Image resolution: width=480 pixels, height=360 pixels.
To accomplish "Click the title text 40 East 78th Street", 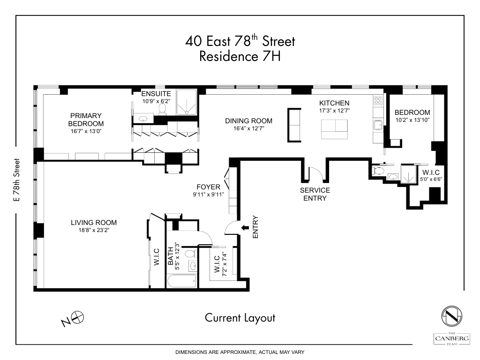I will tap(240, 41).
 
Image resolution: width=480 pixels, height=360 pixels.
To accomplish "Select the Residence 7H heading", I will tap(240, 56).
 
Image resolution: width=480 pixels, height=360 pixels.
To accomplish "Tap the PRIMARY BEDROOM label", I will tap(86, 120).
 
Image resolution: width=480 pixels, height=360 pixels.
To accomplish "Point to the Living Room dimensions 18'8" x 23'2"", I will tap(94, 230).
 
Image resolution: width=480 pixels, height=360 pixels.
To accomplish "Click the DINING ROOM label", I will tap(248, 120).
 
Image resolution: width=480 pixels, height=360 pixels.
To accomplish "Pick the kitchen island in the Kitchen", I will tap(335, 129).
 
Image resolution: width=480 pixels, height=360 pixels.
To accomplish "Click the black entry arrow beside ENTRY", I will tap(245, 228).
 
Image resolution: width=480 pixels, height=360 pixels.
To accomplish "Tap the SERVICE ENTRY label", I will tap(315, 194).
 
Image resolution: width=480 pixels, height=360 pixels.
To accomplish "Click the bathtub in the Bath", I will tap(181, 283).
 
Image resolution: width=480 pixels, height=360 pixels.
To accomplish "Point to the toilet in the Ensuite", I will tap(163, 109).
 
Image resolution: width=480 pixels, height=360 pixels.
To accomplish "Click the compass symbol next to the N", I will tap(78, 317).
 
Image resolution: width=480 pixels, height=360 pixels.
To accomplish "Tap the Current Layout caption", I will tap(240, 318).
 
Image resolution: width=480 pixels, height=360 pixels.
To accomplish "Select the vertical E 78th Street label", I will tap(17, 180).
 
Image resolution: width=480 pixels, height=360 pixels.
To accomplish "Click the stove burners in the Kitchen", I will tap(377, 100).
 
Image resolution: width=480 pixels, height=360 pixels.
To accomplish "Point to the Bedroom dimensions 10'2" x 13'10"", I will tap(412, 120).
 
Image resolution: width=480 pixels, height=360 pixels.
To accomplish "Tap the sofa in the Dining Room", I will tap(294, 125).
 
